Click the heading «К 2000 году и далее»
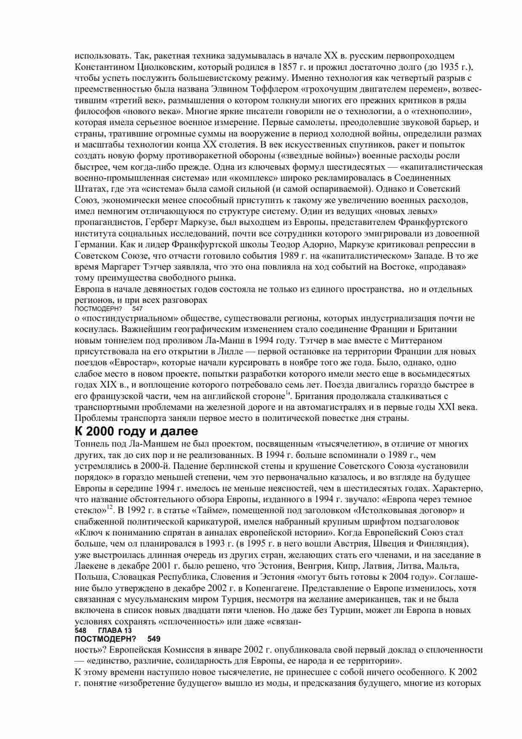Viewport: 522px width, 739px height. click(x=136, y=431)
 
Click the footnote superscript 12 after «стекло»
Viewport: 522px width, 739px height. click(x=109, y=508)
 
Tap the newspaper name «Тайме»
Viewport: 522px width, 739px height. click(x=208, y=511)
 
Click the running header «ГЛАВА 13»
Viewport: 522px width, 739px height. click(x=115, y=630)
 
